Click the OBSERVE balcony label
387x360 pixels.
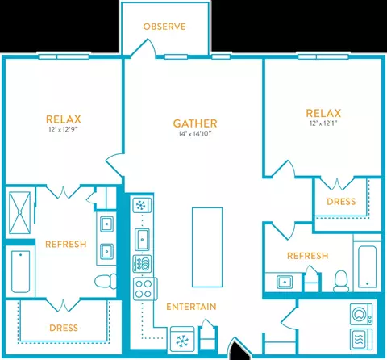click(x=164, y=27)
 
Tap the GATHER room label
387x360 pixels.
click(x=195, y=123)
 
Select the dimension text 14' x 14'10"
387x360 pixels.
click(x=195, y=134)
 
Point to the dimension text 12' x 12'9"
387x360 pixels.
click(x=63, y=129)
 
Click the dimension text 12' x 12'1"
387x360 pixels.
click(x=323, y=123)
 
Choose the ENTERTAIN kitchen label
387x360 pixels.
click(x=191, y=307)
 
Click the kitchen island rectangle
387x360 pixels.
click(x=207, y=247)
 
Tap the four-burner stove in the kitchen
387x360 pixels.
click(x=145, y=289)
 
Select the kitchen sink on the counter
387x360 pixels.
click(x=142, y=239)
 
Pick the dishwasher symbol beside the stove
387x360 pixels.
click(x=142, y=263)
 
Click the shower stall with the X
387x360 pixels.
click(x=19, y=212)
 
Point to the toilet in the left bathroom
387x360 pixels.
click(x=106, y=281)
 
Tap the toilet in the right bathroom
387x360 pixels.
click(x=341, y=281)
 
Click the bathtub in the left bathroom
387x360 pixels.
click(x=20, y=272)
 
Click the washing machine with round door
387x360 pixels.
click(x=361, y=314)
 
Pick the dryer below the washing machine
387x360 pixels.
click(x=361, y=339)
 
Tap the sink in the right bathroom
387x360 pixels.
click(x=285, y=282)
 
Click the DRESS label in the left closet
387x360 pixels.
click(x=64, y=328)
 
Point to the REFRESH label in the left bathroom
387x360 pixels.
click(x=66, y=245)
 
